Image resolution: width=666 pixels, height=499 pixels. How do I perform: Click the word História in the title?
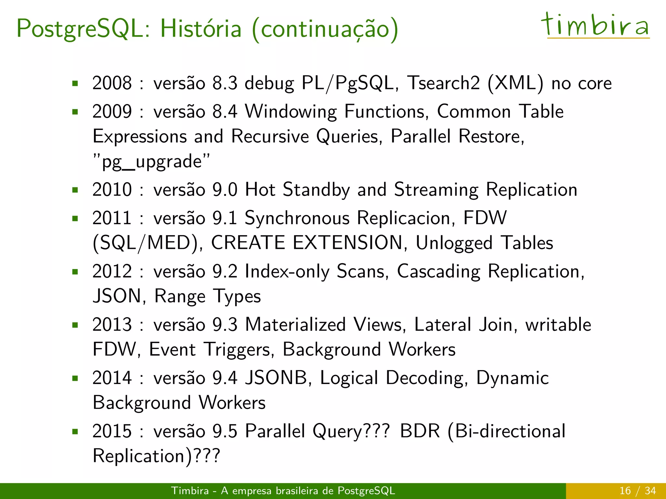(201, 29)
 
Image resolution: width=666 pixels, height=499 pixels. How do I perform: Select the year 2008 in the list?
(112, 83)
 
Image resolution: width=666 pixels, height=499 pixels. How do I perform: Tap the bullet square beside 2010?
(75, 190)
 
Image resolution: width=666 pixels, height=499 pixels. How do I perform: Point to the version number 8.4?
(225, 112)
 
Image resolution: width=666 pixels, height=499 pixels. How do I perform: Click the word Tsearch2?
(444, 83)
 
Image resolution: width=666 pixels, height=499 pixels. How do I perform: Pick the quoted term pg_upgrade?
(152, 161)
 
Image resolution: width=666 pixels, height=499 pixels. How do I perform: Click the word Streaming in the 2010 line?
(436, 190)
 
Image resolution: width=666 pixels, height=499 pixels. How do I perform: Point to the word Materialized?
(295, 325)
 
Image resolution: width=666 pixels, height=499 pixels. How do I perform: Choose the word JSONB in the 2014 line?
(276, 378)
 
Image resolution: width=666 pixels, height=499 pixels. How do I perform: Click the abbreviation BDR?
(420, 431)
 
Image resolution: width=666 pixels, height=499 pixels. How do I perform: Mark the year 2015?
(112, 431)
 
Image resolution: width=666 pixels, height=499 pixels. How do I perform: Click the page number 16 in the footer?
(625, 491)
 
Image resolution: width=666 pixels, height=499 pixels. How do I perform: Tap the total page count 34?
(650, 491)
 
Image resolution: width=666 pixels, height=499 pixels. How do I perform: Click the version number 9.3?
(225, 325)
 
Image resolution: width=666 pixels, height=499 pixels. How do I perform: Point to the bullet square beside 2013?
(75, 325)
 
